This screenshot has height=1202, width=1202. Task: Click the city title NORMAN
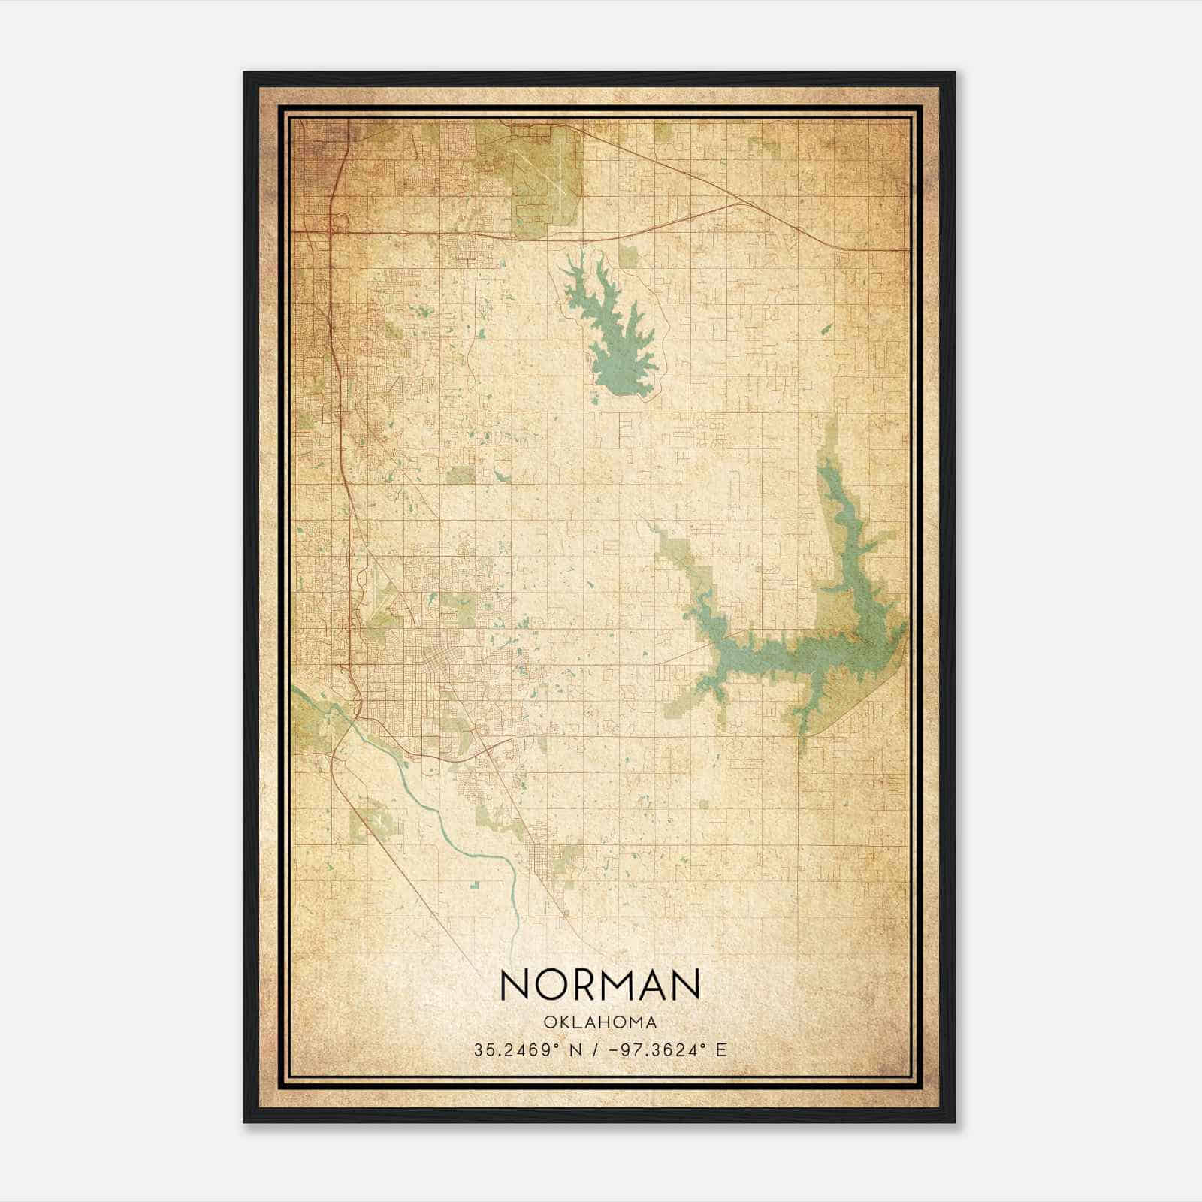coord(600,985)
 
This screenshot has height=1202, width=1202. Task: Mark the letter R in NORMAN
coord(577,985)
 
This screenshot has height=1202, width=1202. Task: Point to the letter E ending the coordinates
coord(722,1049)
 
